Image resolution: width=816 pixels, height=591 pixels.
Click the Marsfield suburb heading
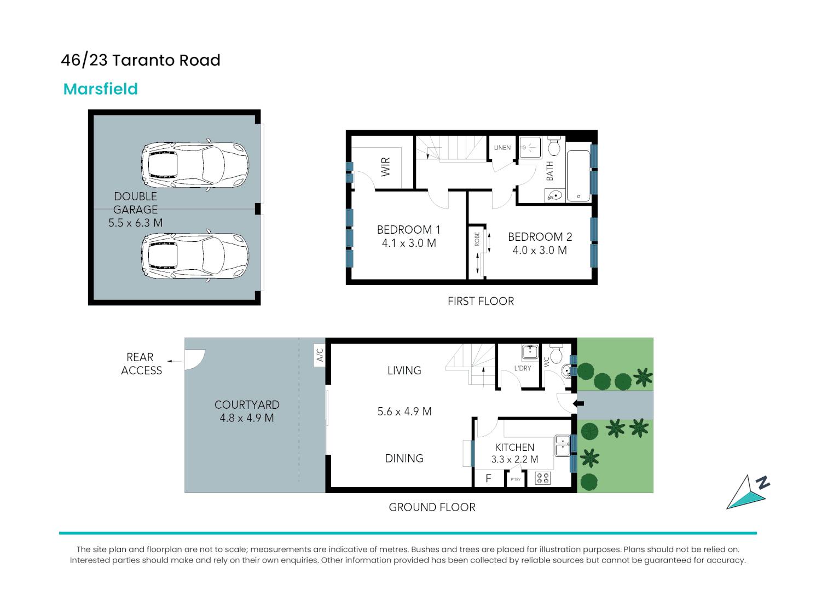pos(101,89)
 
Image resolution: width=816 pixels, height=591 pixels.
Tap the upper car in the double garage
pos(195,165)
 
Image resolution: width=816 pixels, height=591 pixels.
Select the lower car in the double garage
pos(195,256)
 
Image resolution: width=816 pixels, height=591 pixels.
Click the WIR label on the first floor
pos(386,166)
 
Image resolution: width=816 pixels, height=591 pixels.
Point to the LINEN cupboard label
pos(502,148)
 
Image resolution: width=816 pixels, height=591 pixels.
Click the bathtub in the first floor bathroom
pos(578,175)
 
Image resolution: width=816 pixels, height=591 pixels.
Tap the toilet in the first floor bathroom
pos(554,147)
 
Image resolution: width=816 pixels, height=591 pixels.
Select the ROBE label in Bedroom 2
pos(477,239)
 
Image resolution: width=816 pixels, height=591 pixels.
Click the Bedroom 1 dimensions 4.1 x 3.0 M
pos(409,244)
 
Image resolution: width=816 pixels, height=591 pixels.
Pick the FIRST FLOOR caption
pos(481,302)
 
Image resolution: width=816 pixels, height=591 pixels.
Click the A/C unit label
pos(320,355)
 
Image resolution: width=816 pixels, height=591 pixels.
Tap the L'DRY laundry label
pos(523,368)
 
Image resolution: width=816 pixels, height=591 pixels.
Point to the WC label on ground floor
pos(546,362)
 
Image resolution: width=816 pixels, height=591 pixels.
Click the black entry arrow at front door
pos(578,404)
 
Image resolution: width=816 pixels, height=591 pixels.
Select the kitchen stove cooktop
pos(542,478)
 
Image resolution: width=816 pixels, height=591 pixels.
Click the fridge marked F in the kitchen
pos(488,479)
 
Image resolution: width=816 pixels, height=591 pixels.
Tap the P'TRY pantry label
pos(516,479)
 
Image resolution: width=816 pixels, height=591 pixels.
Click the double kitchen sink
pos(562,445)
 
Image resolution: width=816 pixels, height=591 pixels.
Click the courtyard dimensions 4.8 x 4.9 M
pos(247,418)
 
